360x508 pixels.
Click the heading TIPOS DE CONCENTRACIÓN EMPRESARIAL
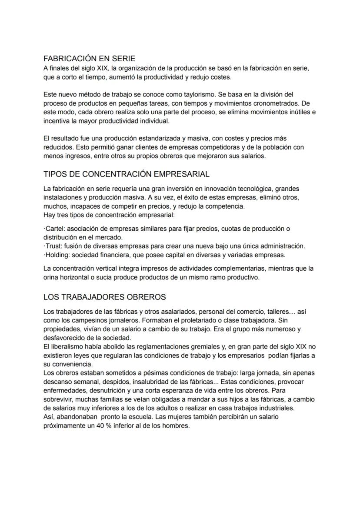(127, 174)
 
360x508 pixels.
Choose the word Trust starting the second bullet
(54, 246)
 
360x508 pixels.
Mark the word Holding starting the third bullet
(57, 255)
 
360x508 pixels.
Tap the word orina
(52, 277)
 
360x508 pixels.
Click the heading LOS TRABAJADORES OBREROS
(105, 297)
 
